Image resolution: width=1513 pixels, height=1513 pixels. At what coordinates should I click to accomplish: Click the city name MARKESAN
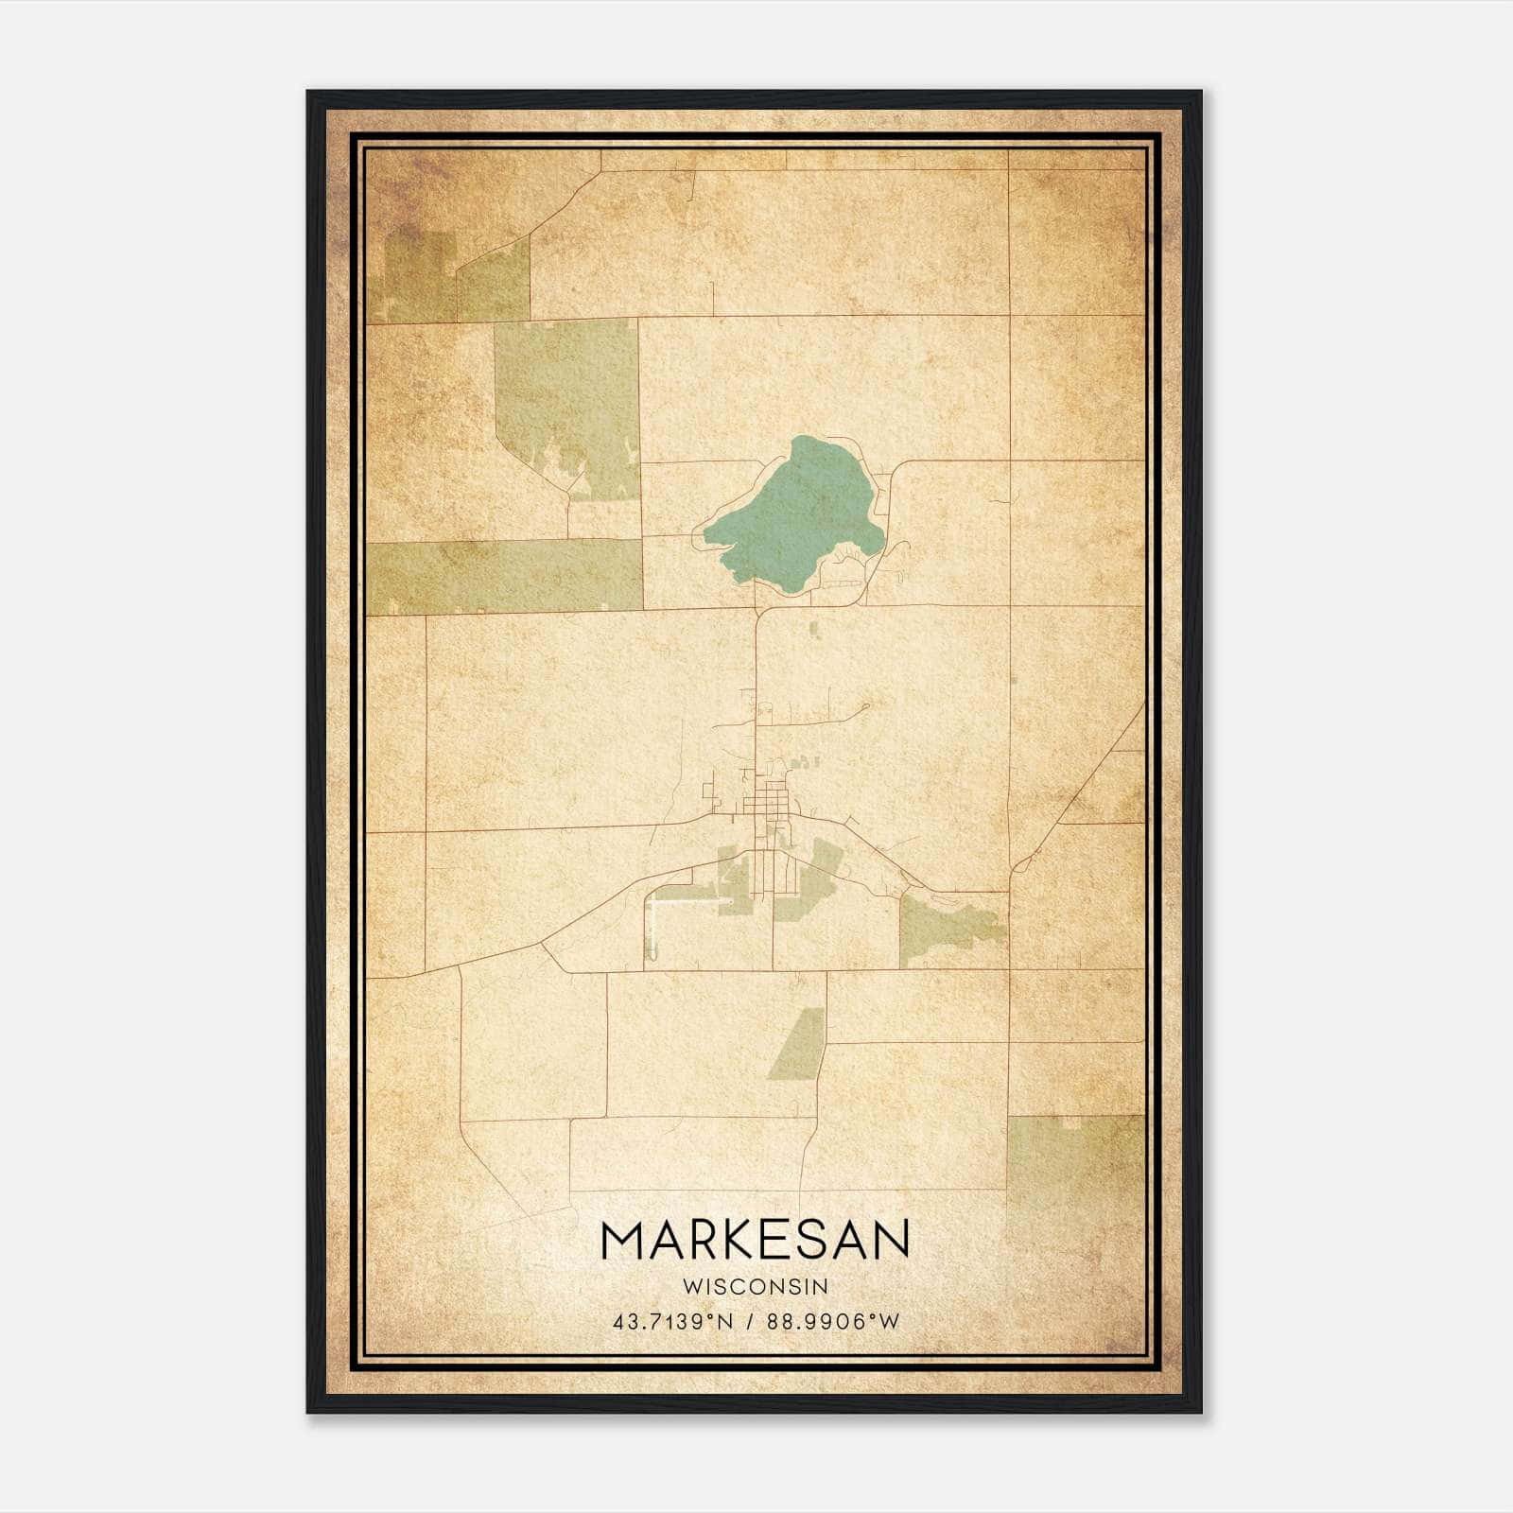(755, 1240)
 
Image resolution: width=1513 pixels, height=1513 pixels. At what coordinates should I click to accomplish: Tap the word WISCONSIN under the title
(755, 1286)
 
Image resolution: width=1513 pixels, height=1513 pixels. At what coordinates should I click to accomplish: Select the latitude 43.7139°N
(672, 1321)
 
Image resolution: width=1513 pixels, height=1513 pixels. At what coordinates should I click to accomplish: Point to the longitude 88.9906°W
(834, 1321)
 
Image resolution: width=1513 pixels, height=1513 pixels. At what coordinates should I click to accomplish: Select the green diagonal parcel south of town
(797, 1043)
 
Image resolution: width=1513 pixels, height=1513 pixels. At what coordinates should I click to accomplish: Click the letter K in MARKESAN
(730, 1240)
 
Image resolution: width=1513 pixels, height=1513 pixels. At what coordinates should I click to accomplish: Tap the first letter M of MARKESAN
(621, 1240)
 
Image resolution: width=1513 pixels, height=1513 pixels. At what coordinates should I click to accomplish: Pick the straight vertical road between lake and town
(756, 662)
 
